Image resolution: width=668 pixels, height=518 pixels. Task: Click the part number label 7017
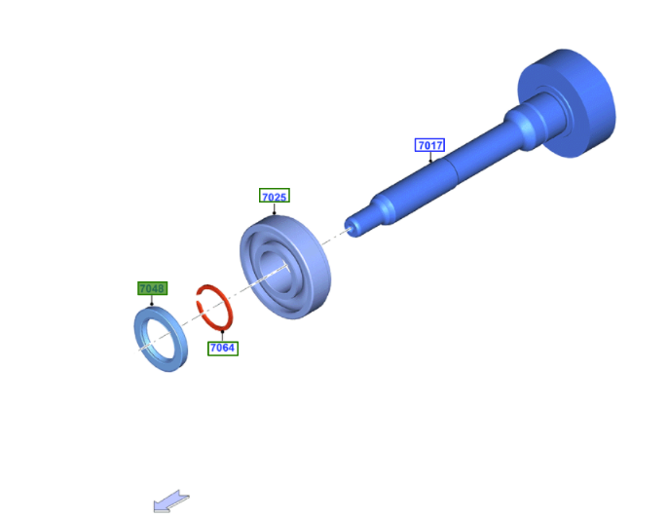[x=429, y=145]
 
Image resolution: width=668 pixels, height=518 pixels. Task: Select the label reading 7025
[x=275, y=196]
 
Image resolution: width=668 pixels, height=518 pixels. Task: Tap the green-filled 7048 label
[x=152, y=288]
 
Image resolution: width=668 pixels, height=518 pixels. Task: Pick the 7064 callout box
[x=222, y=348]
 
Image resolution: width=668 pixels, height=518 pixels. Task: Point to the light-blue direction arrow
[x=170, y=501]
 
